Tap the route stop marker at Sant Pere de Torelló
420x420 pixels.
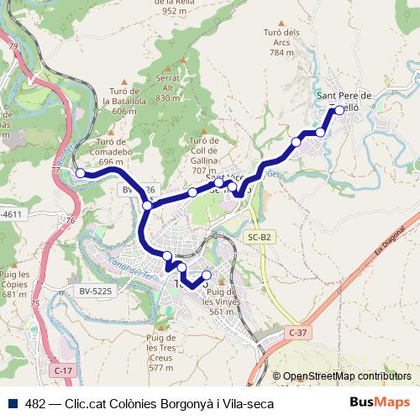click(x=339, y=110)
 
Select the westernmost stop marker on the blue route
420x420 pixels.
click(x=81, y=173)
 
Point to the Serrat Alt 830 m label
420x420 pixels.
click(x=168, y=88)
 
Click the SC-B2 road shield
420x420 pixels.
click(x=260, y=238)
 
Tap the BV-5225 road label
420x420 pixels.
click(x=97, y=291)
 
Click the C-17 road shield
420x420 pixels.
click(x=61, y=370)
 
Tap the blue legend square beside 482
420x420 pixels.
click(x=13, y=402)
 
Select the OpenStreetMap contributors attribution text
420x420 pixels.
click(x=347, y=376)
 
